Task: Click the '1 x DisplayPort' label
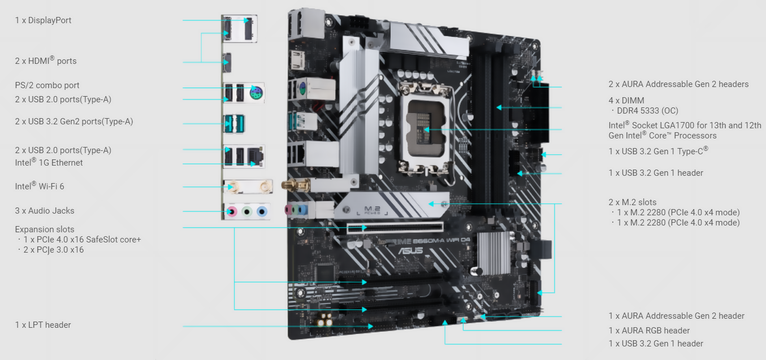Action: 43,20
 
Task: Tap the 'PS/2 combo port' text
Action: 47,85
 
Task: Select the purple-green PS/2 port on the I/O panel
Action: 256,92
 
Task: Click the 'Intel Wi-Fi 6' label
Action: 40,186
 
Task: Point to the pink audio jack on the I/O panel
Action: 232,212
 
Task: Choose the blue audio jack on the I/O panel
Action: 262,212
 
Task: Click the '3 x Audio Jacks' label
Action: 45,211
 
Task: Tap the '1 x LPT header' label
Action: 43,325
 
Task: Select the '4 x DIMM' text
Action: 626,101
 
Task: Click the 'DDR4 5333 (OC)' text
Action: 647,111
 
